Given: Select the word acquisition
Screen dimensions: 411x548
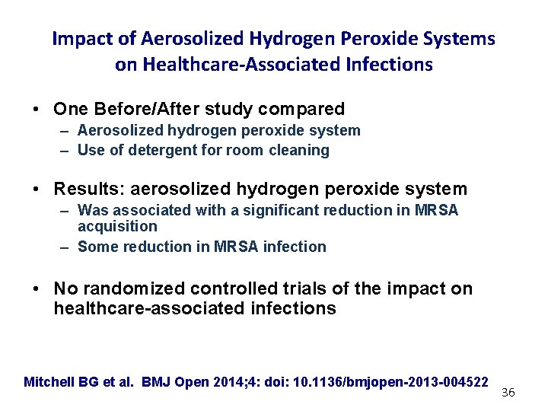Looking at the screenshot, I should pyautogui.click(x=117, y=226).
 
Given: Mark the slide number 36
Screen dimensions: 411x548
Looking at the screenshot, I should pyautogui.click(x=509, y=393).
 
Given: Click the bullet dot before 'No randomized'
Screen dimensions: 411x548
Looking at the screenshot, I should pyautogui.click(x=37, y=289).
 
